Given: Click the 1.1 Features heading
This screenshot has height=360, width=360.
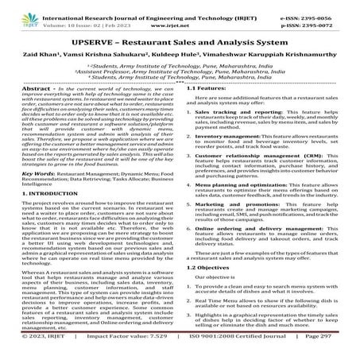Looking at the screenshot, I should [x=209, y=90].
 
